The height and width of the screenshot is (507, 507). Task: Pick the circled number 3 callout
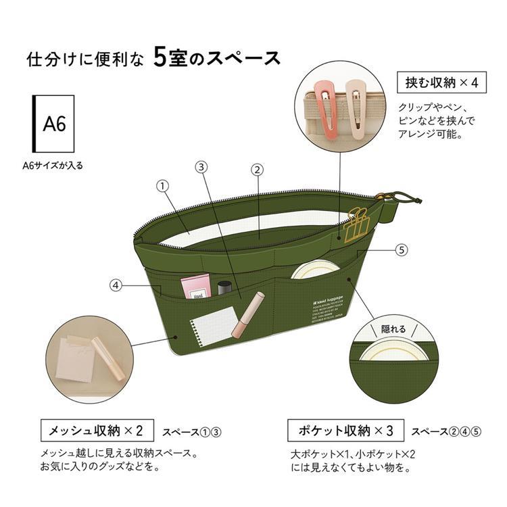(201, 167)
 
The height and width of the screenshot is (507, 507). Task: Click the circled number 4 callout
(116, 285)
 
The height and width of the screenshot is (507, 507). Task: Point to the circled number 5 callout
(402, 249)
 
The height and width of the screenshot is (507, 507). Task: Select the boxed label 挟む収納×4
(441, 83)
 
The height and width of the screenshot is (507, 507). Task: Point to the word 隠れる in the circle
(393, 329)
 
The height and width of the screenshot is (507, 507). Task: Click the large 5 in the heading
(160, 58)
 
